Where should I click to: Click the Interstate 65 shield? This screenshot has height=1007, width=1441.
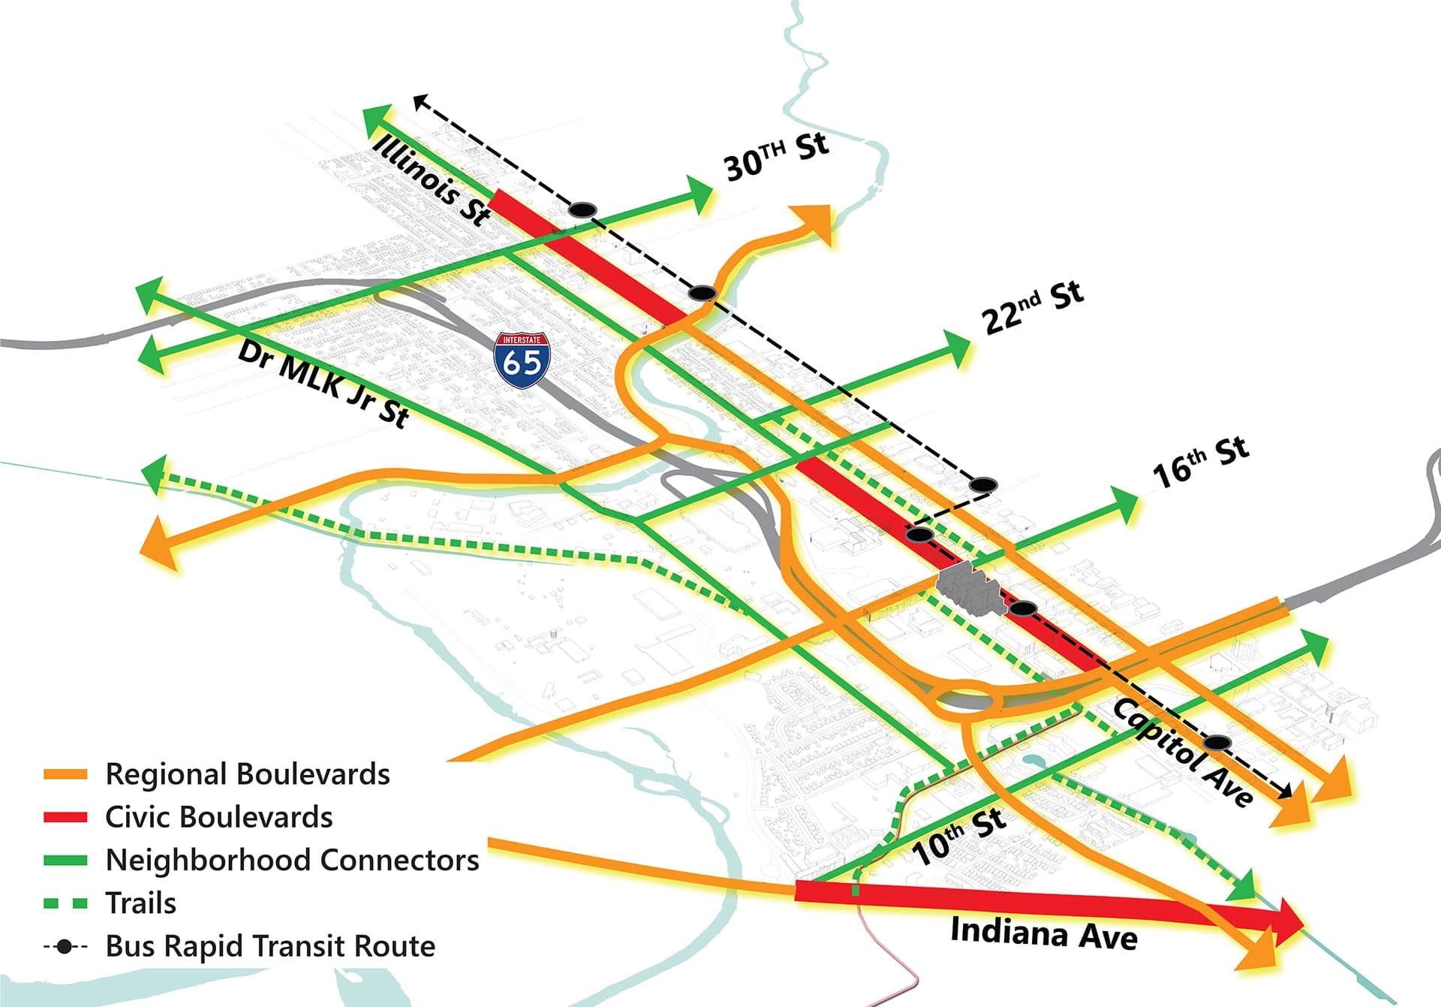pos(522,360)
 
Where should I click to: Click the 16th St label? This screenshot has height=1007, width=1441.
pos(1200,461)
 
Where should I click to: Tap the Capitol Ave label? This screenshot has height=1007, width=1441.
pos(1183,752)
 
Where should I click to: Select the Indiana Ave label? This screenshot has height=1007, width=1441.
pos(1043,933)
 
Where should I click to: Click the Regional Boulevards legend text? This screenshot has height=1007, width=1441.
pos(248,774)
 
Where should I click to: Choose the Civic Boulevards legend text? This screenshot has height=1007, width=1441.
pos(219,817)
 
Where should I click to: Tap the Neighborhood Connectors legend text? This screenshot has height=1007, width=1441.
pos(292,860)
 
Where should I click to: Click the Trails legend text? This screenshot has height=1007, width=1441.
pos(141,903)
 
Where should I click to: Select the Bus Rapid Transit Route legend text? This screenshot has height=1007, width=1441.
pos(270,946)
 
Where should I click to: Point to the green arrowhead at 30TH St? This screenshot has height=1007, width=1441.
pos(699,193)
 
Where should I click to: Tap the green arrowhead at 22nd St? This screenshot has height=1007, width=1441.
pos(958,348)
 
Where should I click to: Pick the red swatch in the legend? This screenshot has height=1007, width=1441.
pos(65,817)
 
